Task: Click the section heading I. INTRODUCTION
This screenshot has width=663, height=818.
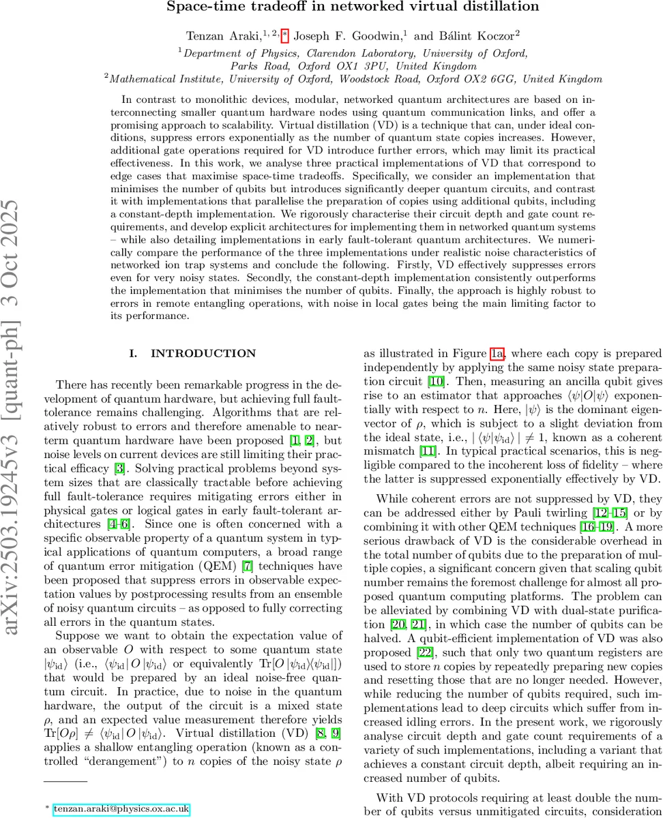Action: tap(192, 353)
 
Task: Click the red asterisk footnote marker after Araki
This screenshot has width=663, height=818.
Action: tap(285, 33)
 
